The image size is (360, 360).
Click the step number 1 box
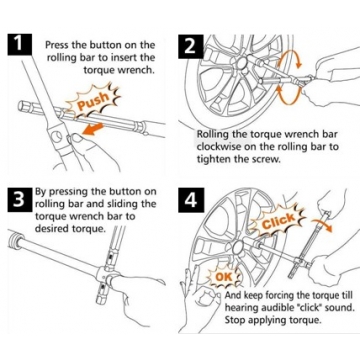coord(20,45)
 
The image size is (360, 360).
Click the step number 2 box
coord(190,45)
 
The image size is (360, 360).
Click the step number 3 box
coord(20,199)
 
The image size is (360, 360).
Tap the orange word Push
coord(93,100)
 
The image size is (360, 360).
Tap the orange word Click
coord(279,221)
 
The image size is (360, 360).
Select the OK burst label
coord(224,277)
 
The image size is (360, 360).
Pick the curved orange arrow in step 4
coord(322,223)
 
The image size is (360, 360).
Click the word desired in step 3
coord(52,230)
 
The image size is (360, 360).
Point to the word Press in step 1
coord(57,45)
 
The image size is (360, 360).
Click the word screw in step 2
coord(266,160)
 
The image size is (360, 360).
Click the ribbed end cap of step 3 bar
coord(15,240)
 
